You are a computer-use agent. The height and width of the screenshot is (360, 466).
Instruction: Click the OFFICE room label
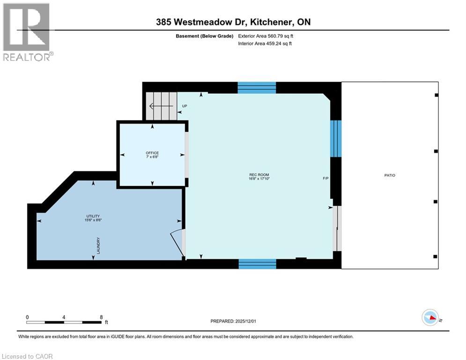point(152,153)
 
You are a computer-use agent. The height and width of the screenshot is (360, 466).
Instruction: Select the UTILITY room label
point(93,216)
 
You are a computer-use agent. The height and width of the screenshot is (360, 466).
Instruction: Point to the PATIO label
point(390,175)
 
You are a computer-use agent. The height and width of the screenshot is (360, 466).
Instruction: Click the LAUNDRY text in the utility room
point(99,246)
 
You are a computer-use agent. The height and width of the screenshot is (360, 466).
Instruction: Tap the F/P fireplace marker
point(325,178)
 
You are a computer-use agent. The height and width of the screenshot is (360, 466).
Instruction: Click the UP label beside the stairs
point(185,106)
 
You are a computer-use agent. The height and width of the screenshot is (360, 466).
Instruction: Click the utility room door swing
point(177,242)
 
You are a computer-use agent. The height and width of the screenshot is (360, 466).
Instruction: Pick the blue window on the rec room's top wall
point(257,88)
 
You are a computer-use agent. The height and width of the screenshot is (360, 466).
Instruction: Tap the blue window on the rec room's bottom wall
point(257,263)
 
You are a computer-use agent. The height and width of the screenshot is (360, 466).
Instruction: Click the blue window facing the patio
point(336,138)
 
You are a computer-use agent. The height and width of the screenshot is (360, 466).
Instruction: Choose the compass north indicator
point(429,318)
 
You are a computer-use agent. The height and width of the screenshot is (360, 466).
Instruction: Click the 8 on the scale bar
point(101,317)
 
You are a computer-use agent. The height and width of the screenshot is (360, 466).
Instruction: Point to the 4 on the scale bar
point(64,317)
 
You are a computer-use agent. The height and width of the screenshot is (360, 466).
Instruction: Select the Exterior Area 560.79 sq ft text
point(267,36)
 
